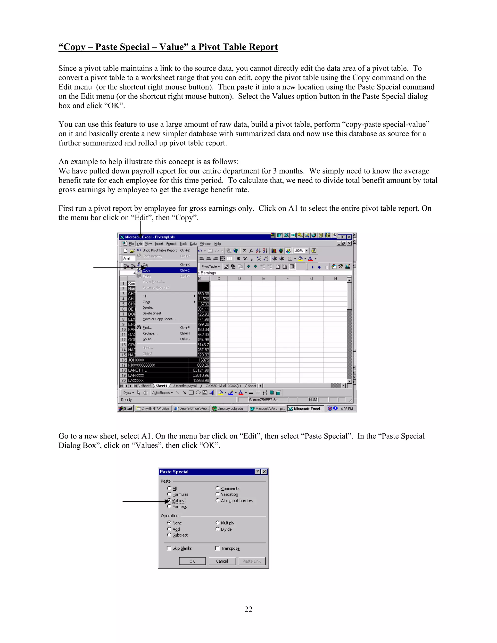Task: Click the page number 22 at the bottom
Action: pyautogui.click(x=248, y=609)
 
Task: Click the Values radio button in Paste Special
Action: pyautogui.click(x=169, y=500)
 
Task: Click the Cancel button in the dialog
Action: pyautogui.click(x=222, y=561)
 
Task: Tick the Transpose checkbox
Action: pyautogui.click(x=218, y=548)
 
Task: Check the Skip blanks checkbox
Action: pyautogui.click(x=169, y=548)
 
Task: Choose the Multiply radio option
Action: pyautogui.click(x=218, y=523)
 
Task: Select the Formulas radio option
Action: pyautogui.click(x=169, y=494)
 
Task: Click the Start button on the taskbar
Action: pyautogui.click(x=126, y=409)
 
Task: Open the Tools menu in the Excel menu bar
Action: pyautogui.click(x=183, y=244)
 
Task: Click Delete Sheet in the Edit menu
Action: pyautogui.click(x=152, y=313)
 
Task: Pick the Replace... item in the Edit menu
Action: pyautogui.click(x=150, y=333)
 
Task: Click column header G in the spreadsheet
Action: pyautogui.click(x=312, y=279)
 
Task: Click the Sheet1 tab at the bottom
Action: pyautogui.click(x=161, y=386)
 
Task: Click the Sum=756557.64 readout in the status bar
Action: pyautogui.click(x=263, y=400)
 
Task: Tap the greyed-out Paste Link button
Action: pyautogui.click(x=251, y=561)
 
